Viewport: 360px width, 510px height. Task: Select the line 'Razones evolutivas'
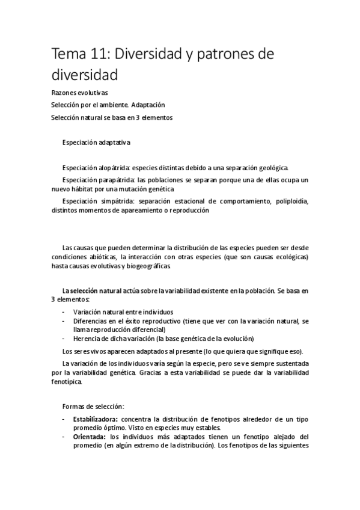tap(80, 93)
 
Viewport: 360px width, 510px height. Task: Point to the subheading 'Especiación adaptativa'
tap(96, 142)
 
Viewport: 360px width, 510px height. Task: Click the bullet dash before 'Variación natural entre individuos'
tap(64, 312)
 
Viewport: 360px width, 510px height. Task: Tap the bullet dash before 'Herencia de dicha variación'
tap(64, 338)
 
